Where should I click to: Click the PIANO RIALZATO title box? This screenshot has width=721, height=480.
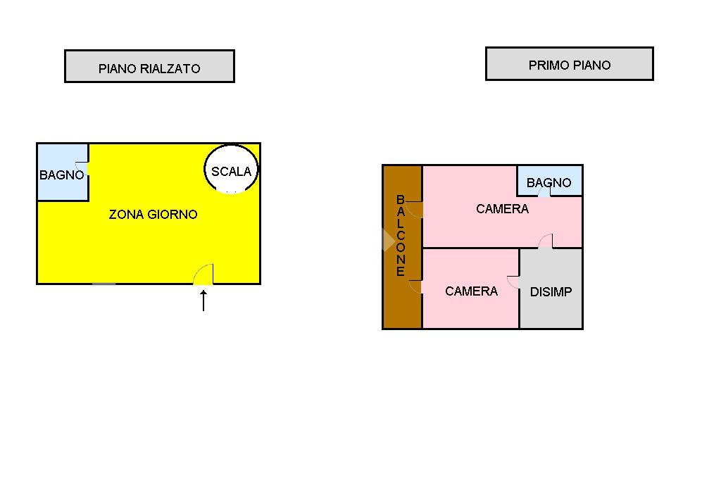click(x=149, y=67)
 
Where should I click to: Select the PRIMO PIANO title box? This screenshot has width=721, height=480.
click(x=569, y=64)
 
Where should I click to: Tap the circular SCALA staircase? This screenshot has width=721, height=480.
click(x=232, y=170)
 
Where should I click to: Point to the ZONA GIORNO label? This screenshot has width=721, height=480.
click(x=153, y=214)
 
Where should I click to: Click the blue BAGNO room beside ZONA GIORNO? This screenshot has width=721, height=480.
click(x=61, y=173)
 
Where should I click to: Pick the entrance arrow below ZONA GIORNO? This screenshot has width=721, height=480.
click(x=203, y=301)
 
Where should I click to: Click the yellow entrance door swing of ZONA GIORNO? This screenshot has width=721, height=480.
click(x=204, y=275)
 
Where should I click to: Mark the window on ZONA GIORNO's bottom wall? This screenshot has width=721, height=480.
click(x=104, y=284)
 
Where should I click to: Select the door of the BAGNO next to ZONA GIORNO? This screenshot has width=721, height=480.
click(x=84, y=168)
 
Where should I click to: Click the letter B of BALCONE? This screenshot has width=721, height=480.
click(x=400, y=200)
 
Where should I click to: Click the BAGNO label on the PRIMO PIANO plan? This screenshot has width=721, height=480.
click(x=549, y=182)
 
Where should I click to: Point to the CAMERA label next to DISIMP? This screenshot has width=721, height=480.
click(x=471, y=291)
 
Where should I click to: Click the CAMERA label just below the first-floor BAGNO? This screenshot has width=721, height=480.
click(x=502, y=208)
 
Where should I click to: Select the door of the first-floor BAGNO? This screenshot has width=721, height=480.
click(x=544, y=192)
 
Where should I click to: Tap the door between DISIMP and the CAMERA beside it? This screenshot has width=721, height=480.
click(x=514, y=282)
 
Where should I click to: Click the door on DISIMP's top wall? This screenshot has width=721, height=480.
click(x=546, y=241)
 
